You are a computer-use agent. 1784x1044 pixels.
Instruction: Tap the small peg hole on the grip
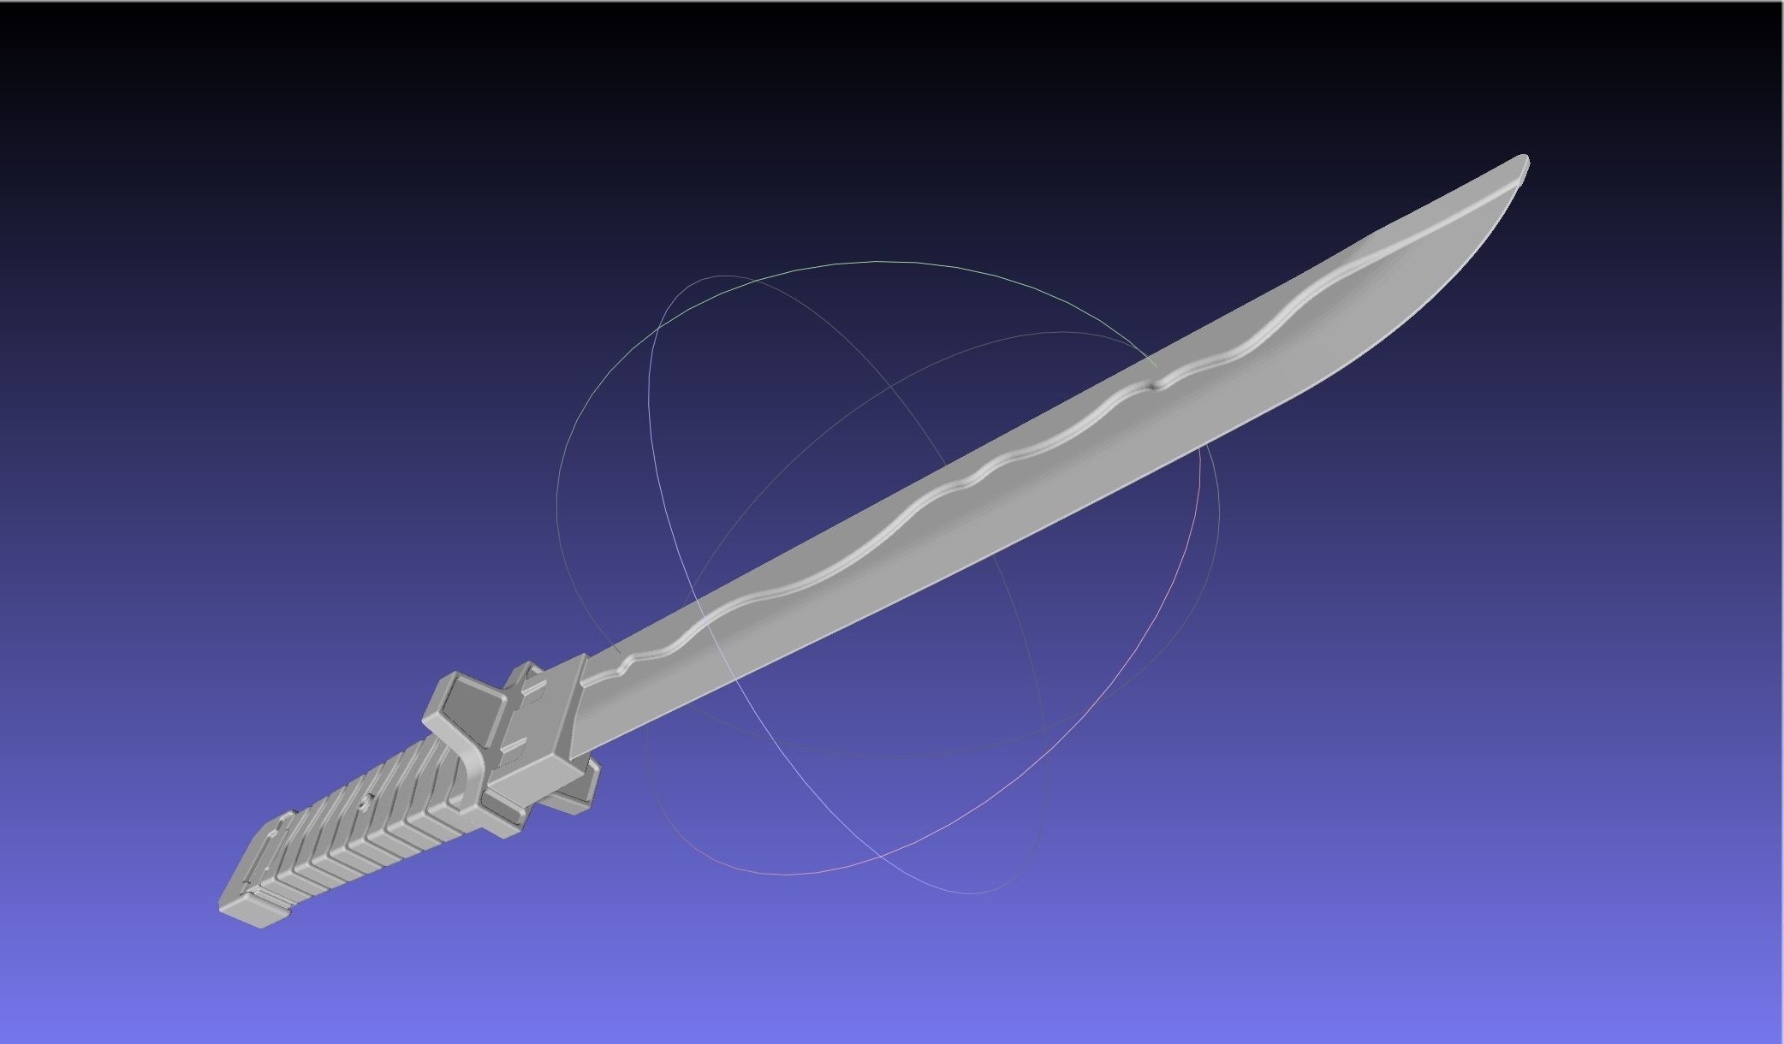(366, 803)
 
